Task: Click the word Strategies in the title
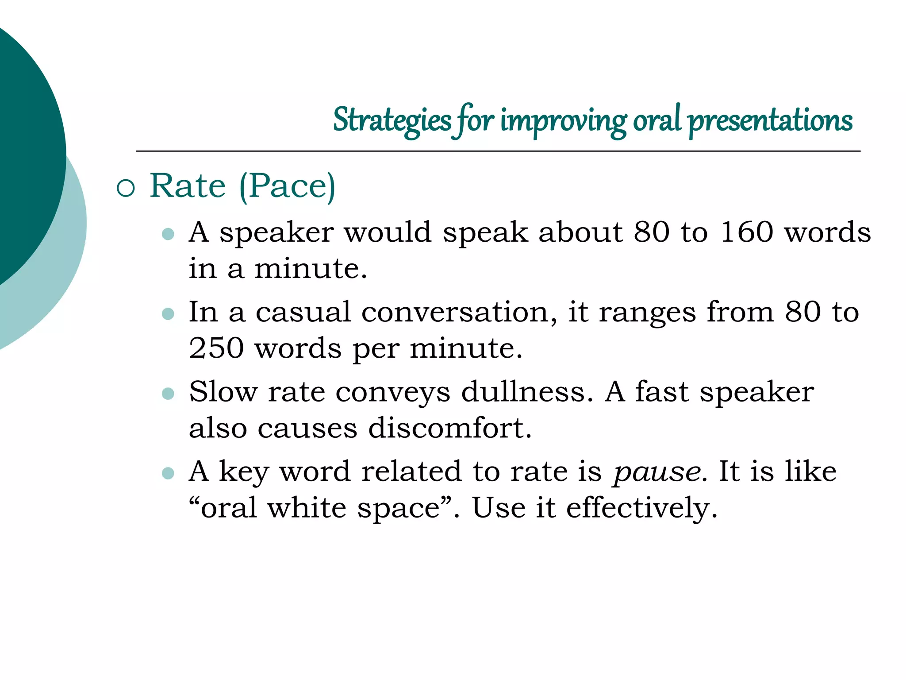[x=392, y=120]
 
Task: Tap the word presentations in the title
[x=770, y=120]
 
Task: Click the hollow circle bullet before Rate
[x=126, y=188]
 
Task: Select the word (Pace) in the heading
[x=287, y=186]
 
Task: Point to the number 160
[x=746, y=232]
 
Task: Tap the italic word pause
[x=657, y=472]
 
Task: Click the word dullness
[x=527, y=392]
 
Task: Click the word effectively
[x=641, y=508]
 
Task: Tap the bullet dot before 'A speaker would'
[x=168, y=234]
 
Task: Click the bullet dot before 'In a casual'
[x=168, y=314]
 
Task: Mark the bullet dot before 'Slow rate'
[x=168, y=393]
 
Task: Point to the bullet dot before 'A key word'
[x=168, y=473]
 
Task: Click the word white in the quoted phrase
[x=307, y=508]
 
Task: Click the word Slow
[x=223, y=392]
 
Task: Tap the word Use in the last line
[x=499, y=508]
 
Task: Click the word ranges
[x=647, y=313]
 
